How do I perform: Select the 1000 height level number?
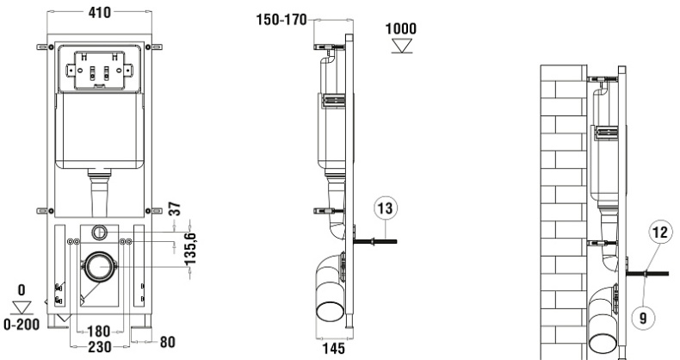click(x=400, y=28)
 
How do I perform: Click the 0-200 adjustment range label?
click(x=22, y=324)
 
